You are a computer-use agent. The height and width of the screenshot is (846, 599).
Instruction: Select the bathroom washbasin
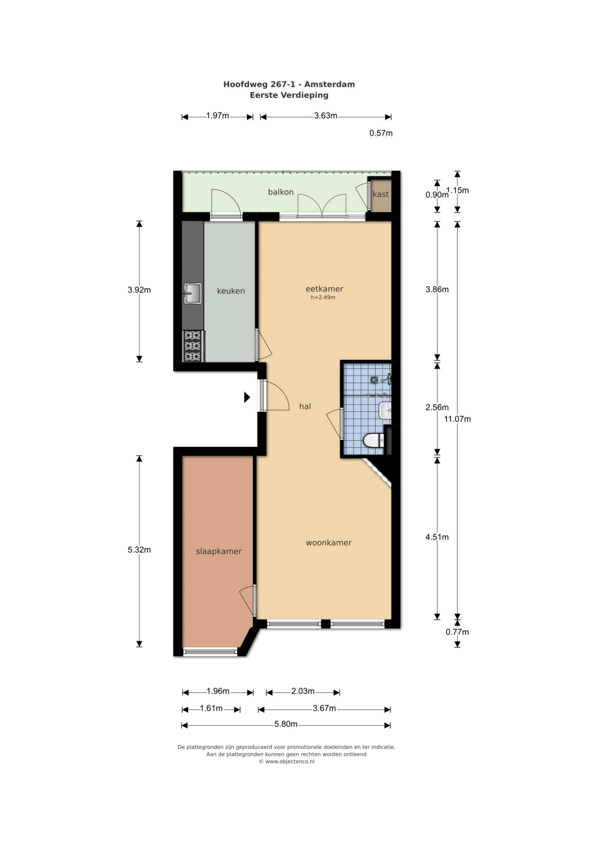pyautogui.click(x=385, y=410)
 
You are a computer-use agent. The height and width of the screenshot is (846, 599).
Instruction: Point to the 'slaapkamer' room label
pyautogui.click(x=219, y=552)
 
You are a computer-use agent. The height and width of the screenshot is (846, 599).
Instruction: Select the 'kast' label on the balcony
pyautogui.click(x=381, y=194)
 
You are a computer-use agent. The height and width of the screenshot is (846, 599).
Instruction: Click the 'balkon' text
pyautogui.click(x=281, y=192)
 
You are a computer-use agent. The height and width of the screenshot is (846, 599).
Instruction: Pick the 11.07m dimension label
pyautogui.click(x=457, y=419)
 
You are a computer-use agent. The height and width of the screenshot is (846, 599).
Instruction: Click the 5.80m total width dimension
pyautogui.click(x=286, y=724)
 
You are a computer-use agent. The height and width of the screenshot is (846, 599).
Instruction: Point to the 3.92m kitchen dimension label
pyautogui.click(x=139, y=290)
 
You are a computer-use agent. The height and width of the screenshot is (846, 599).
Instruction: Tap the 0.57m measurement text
pyautogui.click(x=381, y=133)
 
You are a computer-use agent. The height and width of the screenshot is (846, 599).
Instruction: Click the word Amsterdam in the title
pyautogui.click(x=330, y=84)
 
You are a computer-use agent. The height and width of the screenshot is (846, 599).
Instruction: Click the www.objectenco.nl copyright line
pyautogui.click(x=287, y=762)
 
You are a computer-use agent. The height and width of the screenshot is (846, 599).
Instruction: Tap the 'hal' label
pyautogui.click(x=305, y=406)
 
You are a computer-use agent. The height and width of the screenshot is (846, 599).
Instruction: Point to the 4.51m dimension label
pyautogui.click(x=437, y=537)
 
